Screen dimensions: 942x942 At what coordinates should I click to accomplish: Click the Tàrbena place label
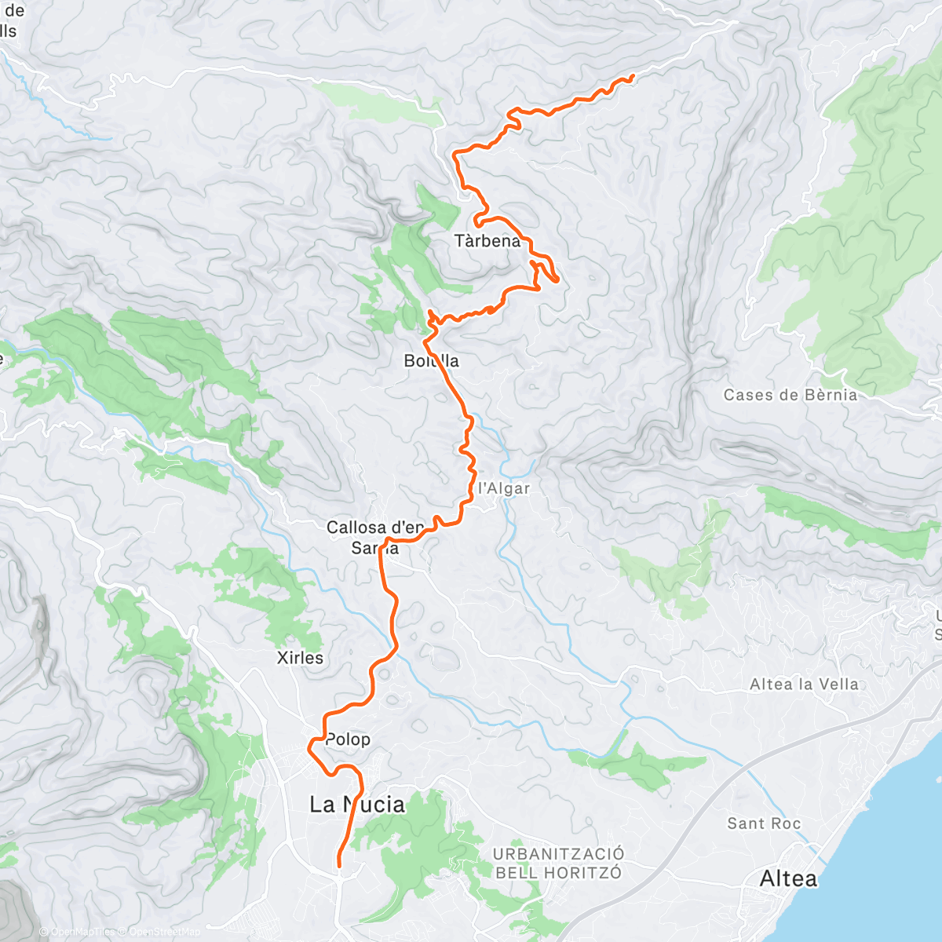(x=487, y=241)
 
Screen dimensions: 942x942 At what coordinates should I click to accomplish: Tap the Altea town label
(x=788, y=878)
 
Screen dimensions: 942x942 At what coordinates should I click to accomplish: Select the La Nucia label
(x=357, y=805)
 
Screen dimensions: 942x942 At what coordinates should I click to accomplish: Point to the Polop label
(x=347, y=739)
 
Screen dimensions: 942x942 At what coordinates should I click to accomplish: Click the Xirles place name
(x=300, y=658)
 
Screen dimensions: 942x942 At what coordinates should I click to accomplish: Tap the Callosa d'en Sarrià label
(x=374, y=538)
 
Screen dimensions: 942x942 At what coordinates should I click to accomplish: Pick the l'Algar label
(x=504, y=488)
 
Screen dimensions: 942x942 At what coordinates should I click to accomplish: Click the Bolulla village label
(x=431, y=361)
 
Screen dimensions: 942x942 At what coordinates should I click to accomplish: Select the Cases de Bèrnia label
(x=790, y=395)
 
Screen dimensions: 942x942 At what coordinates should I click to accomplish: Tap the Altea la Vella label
(x=804, y=685)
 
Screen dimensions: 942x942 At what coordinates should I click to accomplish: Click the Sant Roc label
(x=763, y=823)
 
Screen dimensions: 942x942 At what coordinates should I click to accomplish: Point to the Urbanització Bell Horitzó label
(x=558, y=863)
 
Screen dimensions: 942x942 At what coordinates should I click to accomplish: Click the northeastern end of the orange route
(x=633, y=75)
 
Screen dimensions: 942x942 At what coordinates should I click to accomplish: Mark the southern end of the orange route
(x=339, y=865)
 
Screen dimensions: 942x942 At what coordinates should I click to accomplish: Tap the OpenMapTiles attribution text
(x=82, y=932)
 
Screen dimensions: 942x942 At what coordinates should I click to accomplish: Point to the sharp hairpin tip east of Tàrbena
(x=557, y=279)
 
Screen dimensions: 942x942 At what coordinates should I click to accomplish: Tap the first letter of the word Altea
(x=766, y=878)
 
